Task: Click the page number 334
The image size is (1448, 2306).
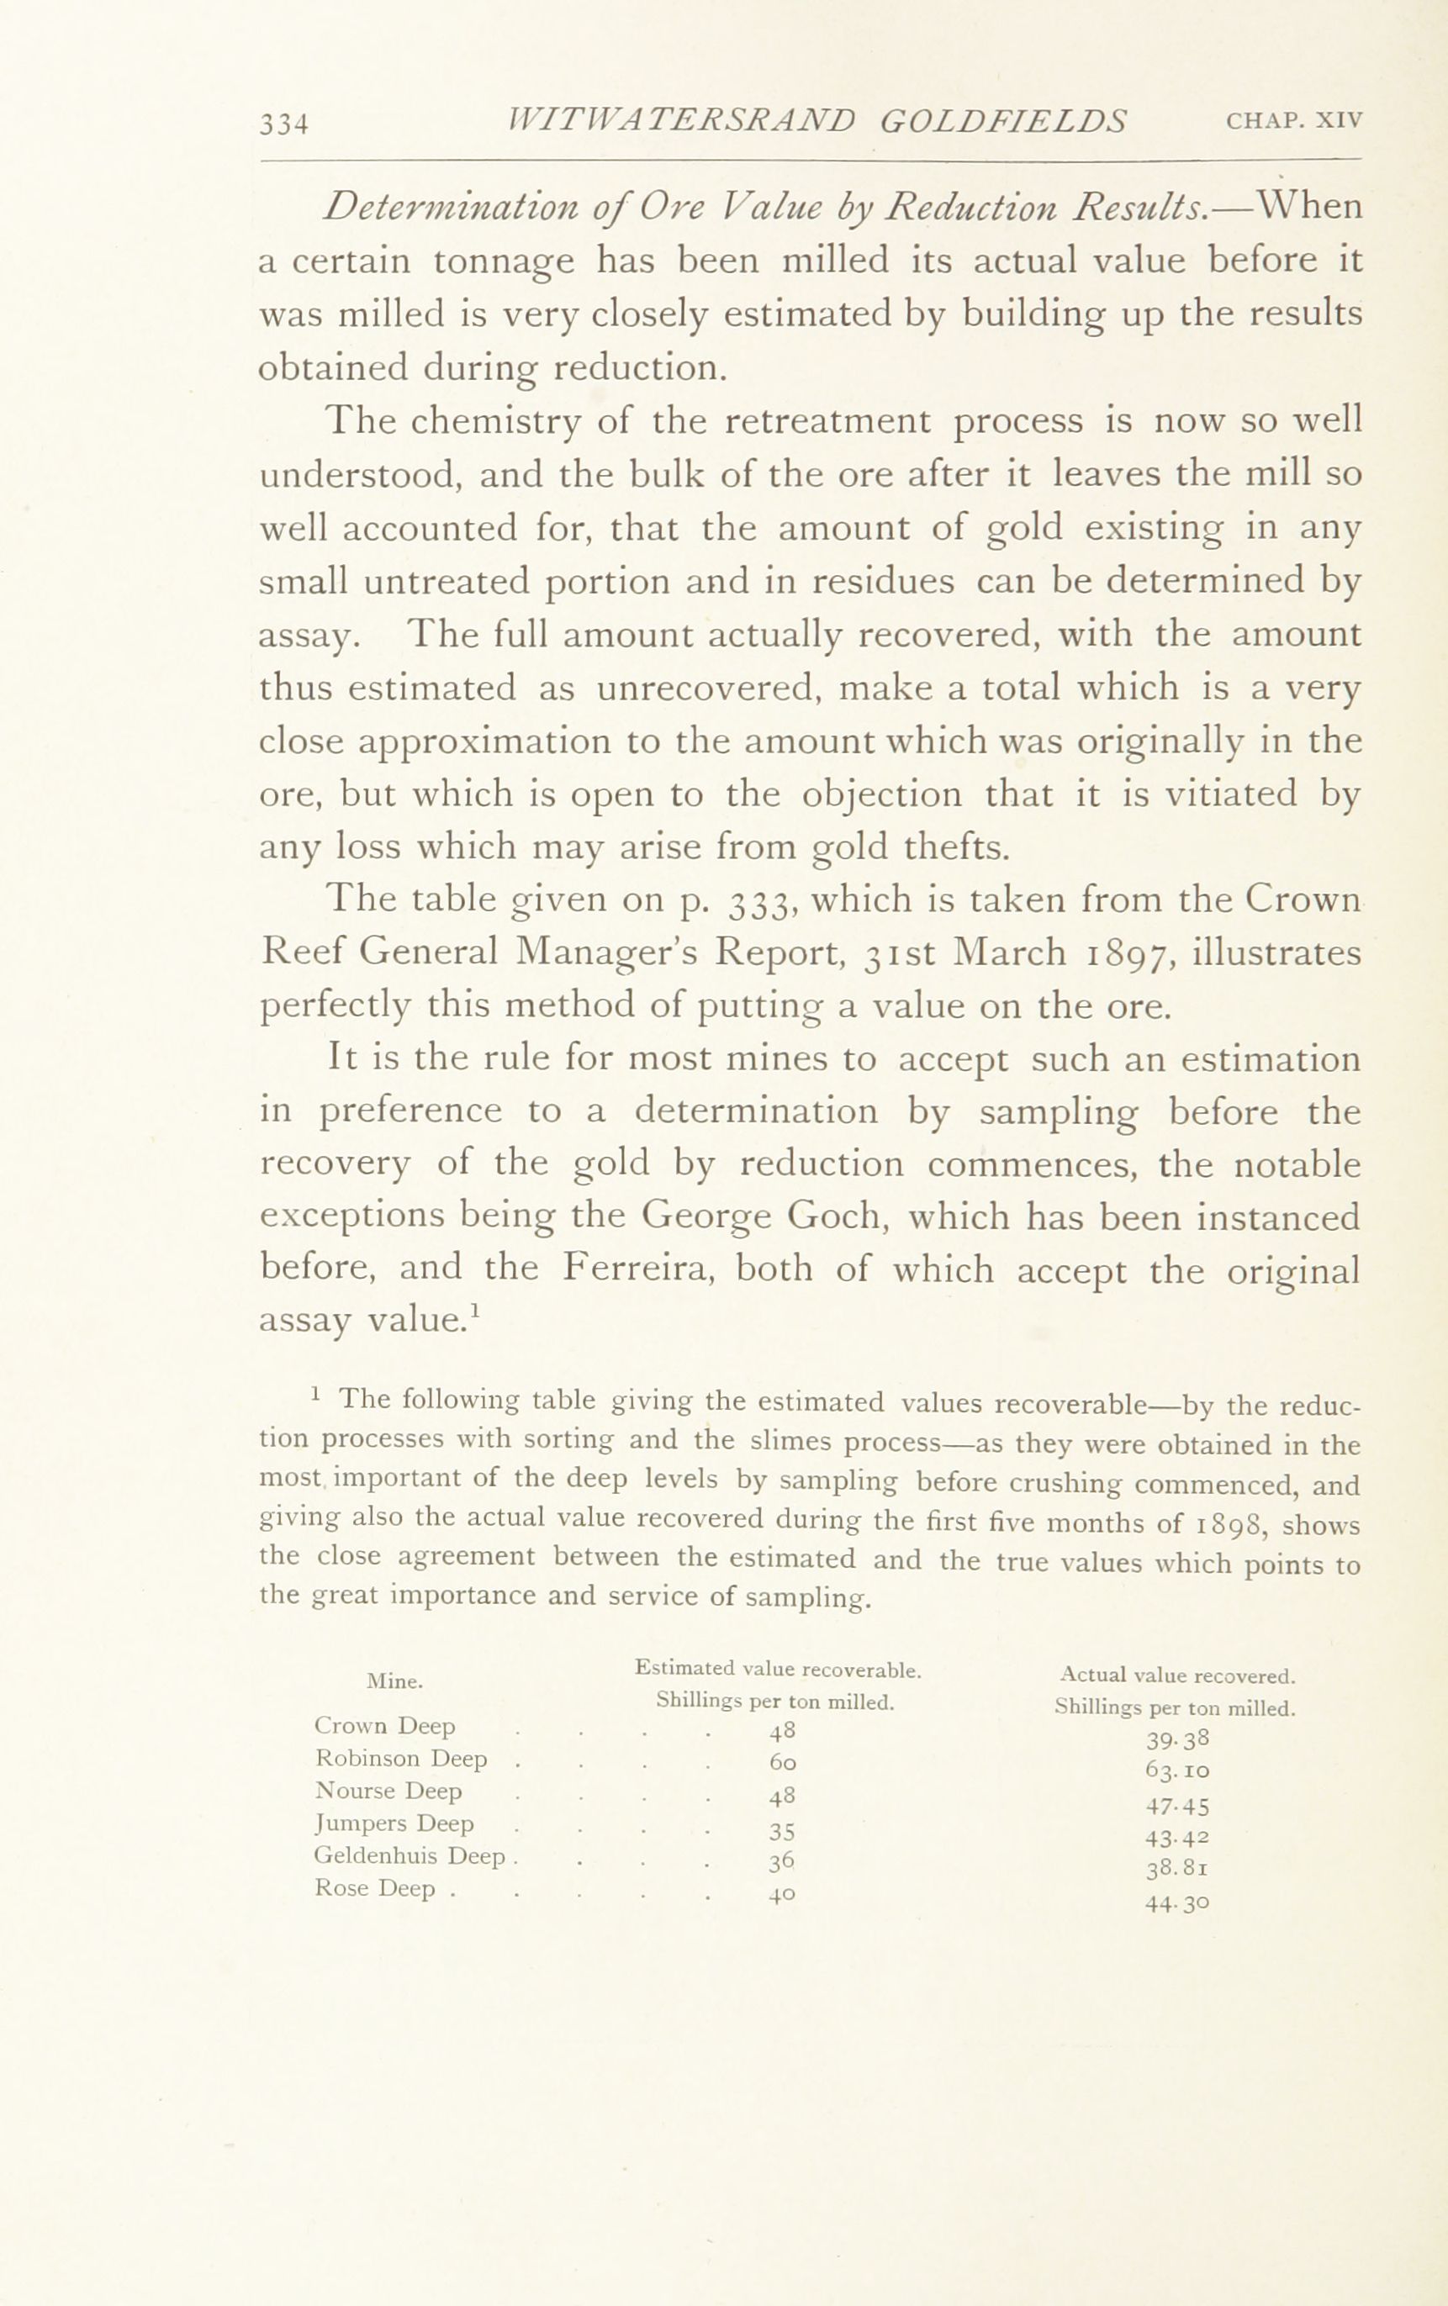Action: tap(283, 125)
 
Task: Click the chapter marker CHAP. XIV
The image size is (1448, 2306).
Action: tap(1293, 122)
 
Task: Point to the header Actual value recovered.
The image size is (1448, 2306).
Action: tap(1177, 1676)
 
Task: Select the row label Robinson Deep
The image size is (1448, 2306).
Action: tap(401, 1759)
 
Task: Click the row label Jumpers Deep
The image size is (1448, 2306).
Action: tap(394, 1823)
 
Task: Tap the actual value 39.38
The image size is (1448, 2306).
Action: tap(1178, 1738)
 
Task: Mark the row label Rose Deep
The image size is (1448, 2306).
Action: tap(374, 1889)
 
